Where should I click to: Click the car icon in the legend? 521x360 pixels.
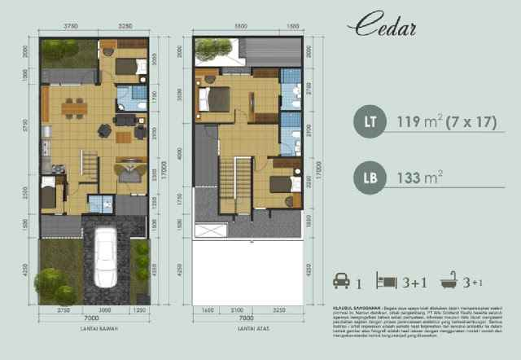click(x=341, y=283)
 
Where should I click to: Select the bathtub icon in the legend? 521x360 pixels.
click(x=448, y=283)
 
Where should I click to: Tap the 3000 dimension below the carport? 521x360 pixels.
click(x=105, y=310)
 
